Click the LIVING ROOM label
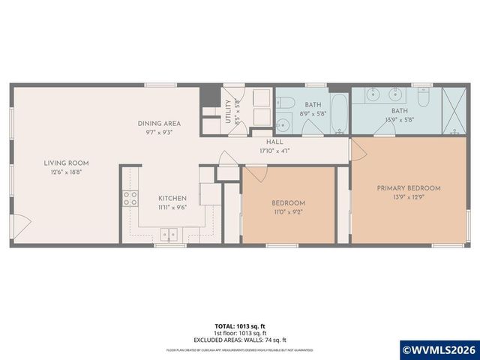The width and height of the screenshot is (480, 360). pyautogui.click(x=66, y=163)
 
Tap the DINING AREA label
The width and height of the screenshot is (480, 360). pyautogui.click(x=159, y=123)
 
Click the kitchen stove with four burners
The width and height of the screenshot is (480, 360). pyautogui.click(x=130, y=199)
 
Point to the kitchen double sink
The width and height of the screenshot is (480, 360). pyautogui.click(x=172, y=232)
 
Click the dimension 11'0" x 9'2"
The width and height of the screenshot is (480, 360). pyautogui.click(x=288, y=211)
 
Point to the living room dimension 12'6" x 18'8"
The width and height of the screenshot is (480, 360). pyautogui.click(x=66, y=172)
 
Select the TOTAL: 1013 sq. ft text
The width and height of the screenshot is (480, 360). pyautogui.click(x=239, y=327)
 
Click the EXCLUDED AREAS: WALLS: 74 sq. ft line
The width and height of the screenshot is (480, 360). pyautogui.click(x=239, y=340)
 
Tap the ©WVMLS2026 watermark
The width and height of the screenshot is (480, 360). pyautogui.click(x=439, y=349)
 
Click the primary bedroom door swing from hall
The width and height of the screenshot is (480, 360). pyautogui.click(x=357, y=148)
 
